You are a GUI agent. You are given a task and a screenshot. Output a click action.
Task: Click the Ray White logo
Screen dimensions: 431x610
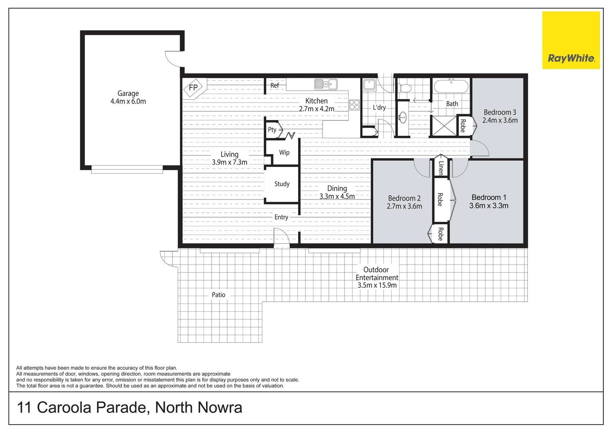(571, 40)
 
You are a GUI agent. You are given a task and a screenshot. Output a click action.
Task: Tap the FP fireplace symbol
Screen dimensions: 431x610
(194, 88)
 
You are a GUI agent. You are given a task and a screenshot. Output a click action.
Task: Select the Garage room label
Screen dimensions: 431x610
(128, 93)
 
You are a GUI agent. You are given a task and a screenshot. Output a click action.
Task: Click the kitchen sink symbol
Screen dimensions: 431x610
(325, 84)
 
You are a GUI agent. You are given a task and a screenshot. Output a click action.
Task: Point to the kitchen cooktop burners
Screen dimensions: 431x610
(354, 105)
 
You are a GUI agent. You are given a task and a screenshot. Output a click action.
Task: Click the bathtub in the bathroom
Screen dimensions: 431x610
(451, 86)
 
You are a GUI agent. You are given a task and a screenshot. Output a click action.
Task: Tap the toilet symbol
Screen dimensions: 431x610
(405, 88)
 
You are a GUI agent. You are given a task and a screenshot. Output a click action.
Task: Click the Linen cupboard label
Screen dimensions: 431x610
(441, 168)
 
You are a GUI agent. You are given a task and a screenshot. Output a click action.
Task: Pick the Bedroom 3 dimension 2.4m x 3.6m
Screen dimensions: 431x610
(500, 121)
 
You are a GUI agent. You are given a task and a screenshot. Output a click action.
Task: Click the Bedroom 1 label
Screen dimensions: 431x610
(489, 198)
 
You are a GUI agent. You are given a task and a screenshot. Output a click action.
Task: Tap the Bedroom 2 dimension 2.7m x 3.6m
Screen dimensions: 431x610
(404, 206)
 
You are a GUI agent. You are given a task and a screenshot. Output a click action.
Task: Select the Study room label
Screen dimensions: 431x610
(282, 184)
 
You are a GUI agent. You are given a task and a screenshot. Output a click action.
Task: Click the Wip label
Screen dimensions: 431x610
(284, 152)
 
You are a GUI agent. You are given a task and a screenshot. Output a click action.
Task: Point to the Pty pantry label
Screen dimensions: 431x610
(272, 130)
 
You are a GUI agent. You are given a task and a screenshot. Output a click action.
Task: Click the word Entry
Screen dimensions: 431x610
(281, 217)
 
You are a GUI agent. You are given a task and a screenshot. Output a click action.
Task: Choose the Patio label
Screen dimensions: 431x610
(218, 295)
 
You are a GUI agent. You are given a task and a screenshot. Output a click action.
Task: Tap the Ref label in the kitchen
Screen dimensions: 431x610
(275, 85)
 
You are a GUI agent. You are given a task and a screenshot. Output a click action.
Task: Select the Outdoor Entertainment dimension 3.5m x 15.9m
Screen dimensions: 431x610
(377, 285)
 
